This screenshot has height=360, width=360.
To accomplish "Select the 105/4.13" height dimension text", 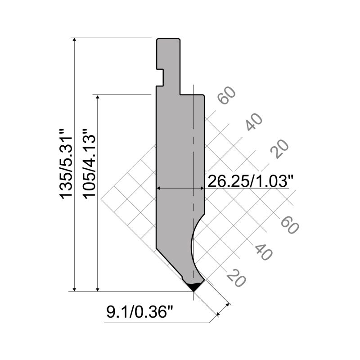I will click(89, 164).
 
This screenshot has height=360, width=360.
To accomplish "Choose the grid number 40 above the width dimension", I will click(254, 121).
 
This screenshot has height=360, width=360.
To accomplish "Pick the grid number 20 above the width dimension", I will click(279, 149).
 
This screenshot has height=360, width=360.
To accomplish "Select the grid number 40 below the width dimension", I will click(263, 251).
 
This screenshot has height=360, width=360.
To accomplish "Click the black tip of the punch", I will click(194, 286).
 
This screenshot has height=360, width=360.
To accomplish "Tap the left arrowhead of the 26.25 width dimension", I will click(159, 188).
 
